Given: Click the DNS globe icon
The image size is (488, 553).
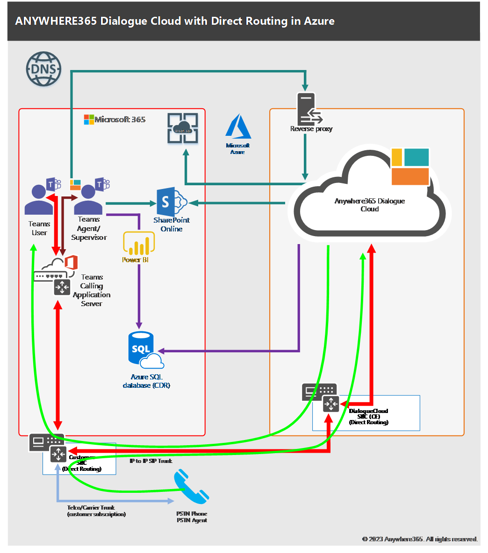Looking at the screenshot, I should click(x=43, y=69).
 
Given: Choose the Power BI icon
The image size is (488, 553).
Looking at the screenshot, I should click(x=138, y=243).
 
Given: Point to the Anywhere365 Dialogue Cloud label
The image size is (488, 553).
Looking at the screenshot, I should click(x=369, y=205).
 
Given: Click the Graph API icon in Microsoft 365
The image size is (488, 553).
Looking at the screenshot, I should click(x=183, y=127).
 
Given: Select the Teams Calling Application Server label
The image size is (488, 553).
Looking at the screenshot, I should click(x=92, y=290).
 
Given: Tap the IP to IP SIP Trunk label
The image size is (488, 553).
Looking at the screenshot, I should click(x=151, y=461).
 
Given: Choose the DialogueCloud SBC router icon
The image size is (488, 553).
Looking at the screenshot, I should click(x=330, y=404).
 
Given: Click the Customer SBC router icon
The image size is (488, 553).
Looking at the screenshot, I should click(x=58, y=453).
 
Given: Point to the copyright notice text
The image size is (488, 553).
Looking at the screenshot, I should click(x=420, y=539).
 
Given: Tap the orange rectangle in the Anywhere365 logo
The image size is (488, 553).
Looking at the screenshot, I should click(x=410, y=176).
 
